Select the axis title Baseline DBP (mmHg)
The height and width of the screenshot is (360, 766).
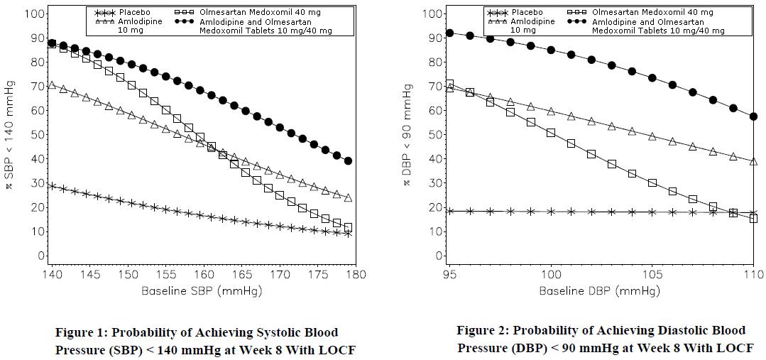[599, 291]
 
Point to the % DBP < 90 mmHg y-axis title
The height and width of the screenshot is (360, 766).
[407, 135]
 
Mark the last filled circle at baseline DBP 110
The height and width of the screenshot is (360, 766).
[753, 116]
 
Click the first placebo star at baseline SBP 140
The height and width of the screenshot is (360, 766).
[52, 185]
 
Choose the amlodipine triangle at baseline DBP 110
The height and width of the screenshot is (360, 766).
[753, 161]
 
